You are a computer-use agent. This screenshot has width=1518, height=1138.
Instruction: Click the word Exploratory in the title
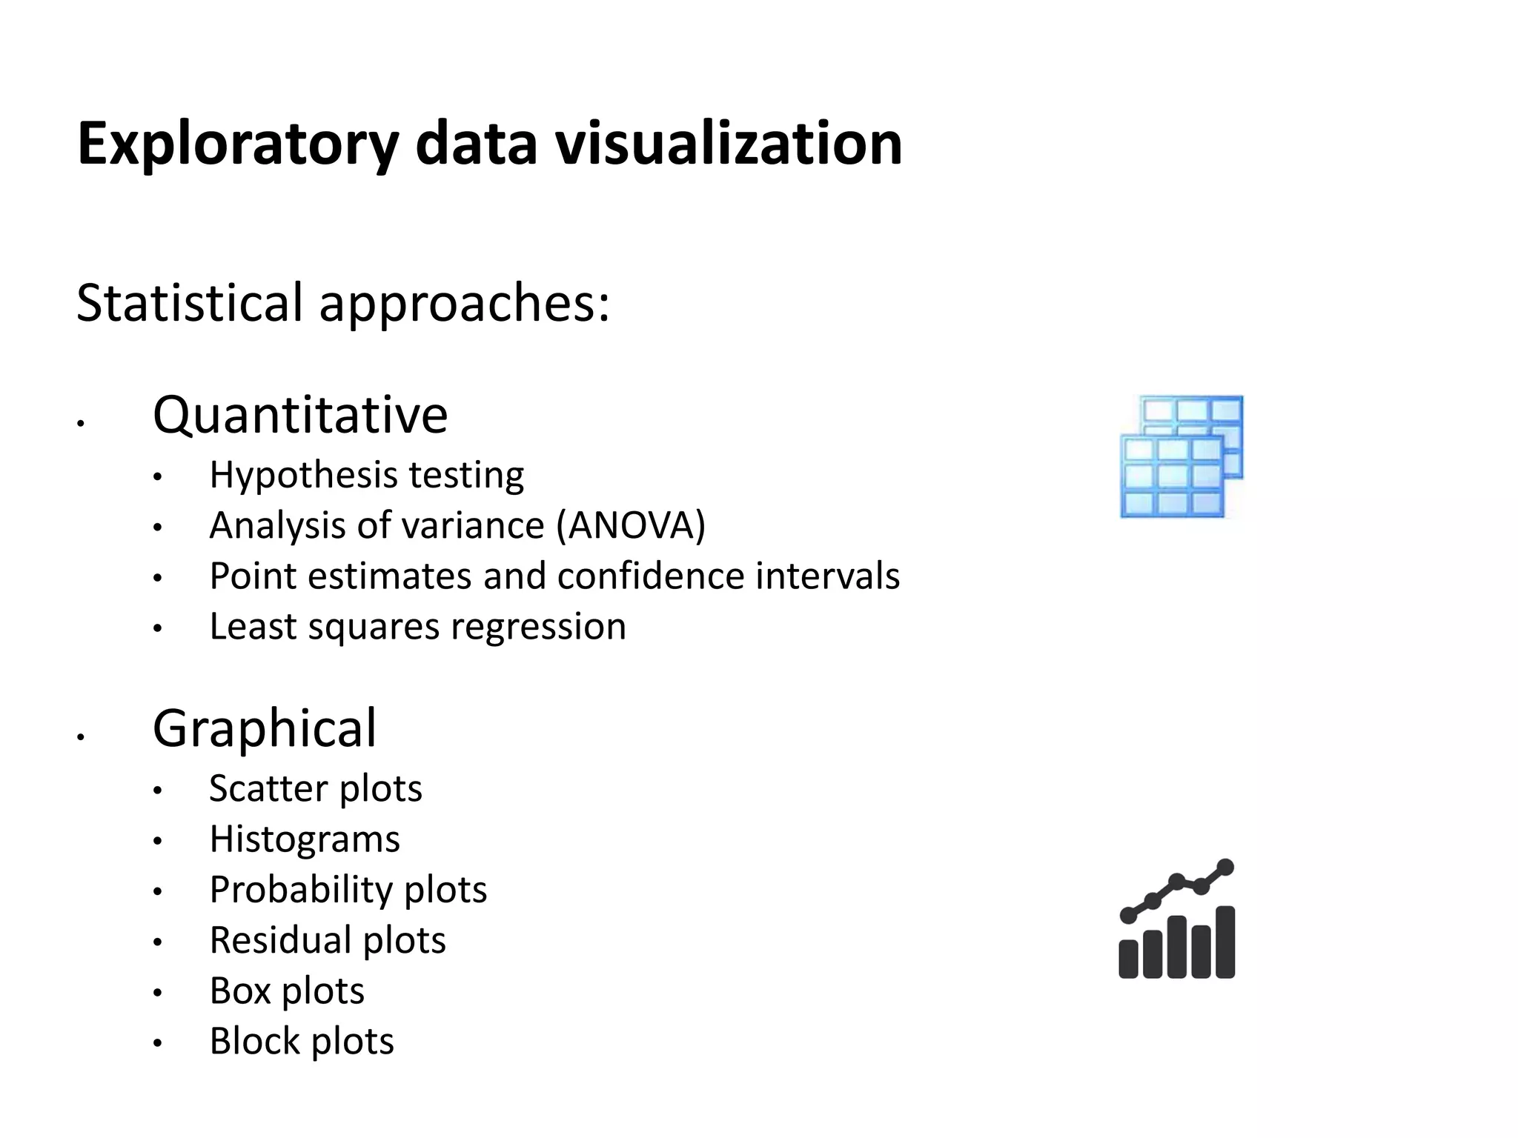click(x=238, y=144)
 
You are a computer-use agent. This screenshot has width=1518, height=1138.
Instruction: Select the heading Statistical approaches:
click(x=343, y=303)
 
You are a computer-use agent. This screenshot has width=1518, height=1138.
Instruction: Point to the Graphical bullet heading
click(x=265, y=728)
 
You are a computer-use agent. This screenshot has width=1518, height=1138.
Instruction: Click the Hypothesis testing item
click(x=367, y=475)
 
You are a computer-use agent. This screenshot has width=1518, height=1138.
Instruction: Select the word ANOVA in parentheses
click(x=631, y=526)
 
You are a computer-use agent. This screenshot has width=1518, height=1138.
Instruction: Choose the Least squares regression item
click(x=418, y=627)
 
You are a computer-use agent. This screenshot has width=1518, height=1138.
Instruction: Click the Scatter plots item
click(x=316, y=788)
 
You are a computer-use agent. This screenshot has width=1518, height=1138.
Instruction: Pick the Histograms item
click(x=305, y=839)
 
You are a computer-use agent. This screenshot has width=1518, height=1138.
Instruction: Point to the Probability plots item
click(x=348, y=890)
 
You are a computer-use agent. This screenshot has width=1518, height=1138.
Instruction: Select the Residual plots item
click(x=328, y=940)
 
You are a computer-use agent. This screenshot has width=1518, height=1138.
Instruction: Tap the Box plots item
click(x=287, y=991)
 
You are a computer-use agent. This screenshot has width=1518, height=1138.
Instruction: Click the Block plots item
click(x=302, y=1042)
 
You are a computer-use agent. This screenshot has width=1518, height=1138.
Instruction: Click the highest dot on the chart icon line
click(x=1225, y=867)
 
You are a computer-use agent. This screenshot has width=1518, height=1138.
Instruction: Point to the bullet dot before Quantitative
click(x=81, y=424)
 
